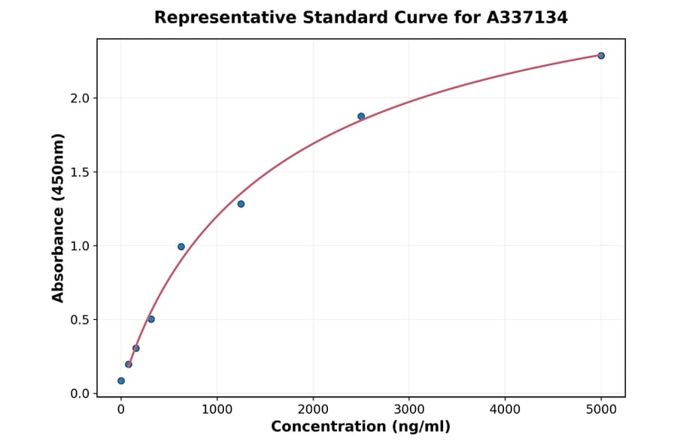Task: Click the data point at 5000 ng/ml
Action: click(x=601, y=56)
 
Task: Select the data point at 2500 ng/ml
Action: click(x=361, y=116)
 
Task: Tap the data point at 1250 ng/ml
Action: click(x=241, y=204)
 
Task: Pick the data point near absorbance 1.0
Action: click(x=181, y=246)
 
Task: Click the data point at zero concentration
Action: click(x=121, y=381)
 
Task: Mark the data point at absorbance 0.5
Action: click(x=151, y=319)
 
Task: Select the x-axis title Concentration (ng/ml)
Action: click(x=360, y=427)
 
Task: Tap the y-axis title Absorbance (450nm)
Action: click(x=58, y=217)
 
